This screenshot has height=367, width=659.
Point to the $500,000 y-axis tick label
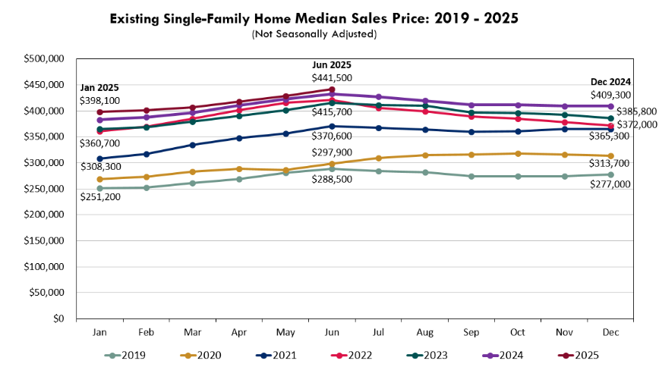click(x=45, y=58)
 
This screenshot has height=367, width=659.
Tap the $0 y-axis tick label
click(x=58, y=319)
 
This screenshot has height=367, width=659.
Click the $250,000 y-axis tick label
click(x=45, y=189)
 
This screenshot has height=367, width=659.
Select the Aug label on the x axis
click(x=425, y=332)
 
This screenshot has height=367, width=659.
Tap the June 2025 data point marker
click(x=332, y=89)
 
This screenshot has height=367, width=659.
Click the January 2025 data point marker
click(x=99, y=112)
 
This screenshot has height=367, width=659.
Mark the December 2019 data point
click(x=611, y=174)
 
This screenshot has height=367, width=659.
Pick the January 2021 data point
click(x=99, y=158)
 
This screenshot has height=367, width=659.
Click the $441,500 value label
click(x=332, y=77)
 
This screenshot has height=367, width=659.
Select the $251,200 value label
click(x=100, y=196)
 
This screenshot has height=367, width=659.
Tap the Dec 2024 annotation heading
click(x=611, y=82)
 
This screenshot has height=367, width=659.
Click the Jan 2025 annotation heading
click(x=99, y=88)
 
